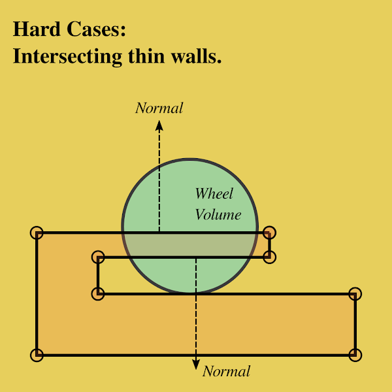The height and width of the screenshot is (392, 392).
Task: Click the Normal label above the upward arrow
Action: click(x=159, y=108)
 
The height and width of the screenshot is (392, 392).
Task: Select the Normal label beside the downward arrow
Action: click(x=226, y=372)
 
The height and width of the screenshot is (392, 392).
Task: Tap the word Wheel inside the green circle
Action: click(x=214, y=194)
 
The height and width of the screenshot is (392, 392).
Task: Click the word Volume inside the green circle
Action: click(x=218, y=214)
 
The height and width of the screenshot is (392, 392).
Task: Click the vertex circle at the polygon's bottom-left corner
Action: click(x=37, y=355)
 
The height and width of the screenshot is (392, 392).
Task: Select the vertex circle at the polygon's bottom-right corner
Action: click(x=355, y=355)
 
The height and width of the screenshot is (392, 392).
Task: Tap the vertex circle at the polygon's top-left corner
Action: click(x=37, y=232)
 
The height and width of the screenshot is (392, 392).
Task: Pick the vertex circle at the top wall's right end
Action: click(x=269, y=232)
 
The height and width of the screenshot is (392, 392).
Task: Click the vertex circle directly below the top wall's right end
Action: click(x=270, y=257)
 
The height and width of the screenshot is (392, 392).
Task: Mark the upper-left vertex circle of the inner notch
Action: click(x=98, y=257)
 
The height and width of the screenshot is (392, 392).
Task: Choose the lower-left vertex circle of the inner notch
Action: click(x=98, y=294)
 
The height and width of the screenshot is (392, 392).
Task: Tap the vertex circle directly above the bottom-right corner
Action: click(x=355, y=293)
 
